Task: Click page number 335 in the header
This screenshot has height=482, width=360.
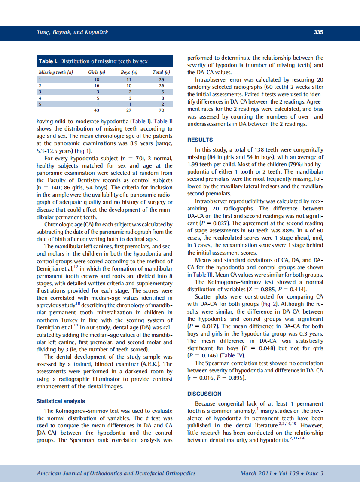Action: point(318,32)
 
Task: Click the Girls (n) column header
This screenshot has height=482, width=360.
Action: point(97,72)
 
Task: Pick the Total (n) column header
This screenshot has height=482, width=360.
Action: point(162,72)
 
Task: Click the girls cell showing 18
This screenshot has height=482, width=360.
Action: point(97,79)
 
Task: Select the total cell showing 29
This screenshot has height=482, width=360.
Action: point(162,79)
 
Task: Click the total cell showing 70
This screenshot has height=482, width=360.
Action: point(162,110)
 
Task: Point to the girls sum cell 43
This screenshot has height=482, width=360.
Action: point(97,110)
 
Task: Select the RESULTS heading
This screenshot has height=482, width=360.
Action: point(200,140)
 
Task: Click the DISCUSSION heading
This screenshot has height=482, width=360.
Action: point(204,394)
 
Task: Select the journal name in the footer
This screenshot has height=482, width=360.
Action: point(116,473)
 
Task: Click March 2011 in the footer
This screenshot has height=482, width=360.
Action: point(256,473)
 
